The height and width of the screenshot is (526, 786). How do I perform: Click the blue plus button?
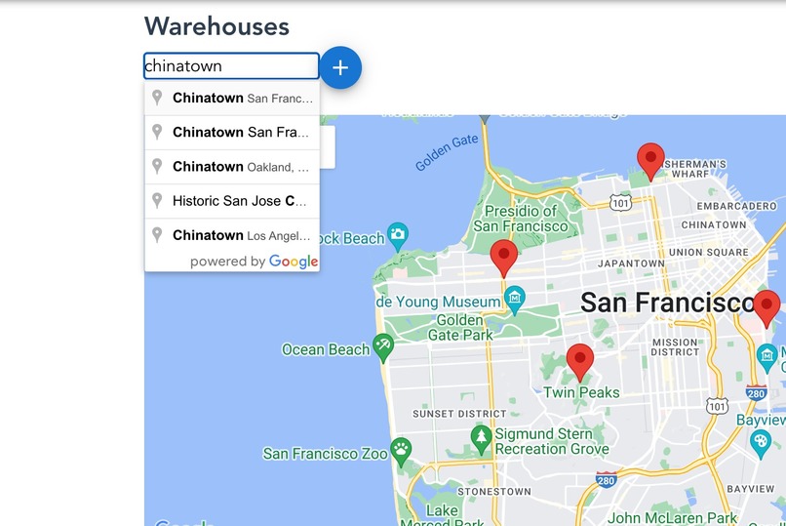click(x=340, y=67)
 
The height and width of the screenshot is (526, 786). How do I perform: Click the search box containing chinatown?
click(x=231, y=66)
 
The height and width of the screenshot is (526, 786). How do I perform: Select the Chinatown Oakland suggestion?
click(x=232, y=167)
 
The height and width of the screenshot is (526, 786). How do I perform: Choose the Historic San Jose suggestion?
click(x=232, y=201)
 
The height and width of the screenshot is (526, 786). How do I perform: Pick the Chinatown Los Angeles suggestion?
click(x=232, y=235)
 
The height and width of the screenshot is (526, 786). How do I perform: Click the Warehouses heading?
click(x=216, y=26)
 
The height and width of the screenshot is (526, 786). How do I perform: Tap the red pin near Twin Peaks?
click(x=580, y=361)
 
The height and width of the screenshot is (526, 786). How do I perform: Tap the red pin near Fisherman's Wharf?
click(x=650, y=160)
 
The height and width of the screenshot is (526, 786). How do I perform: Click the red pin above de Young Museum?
click(x=503, y=258)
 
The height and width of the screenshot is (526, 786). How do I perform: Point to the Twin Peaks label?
click(x=581, y=392)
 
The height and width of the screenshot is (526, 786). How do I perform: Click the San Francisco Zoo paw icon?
click(x=402, y=450)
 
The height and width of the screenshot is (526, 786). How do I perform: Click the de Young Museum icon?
click(x=515, y=295)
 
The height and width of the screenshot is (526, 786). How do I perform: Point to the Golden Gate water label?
click(x=447, y=152)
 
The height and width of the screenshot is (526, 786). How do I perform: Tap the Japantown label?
click(x=630, y=263)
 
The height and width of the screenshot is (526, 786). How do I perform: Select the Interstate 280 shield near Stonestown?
click(x=606, y=480)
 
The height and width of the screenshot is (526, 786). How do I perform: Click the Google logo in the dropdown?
click(x=294, y=262)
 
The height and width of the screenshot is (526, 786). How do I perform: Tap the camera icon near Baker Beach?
click(x=397, y=234)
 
